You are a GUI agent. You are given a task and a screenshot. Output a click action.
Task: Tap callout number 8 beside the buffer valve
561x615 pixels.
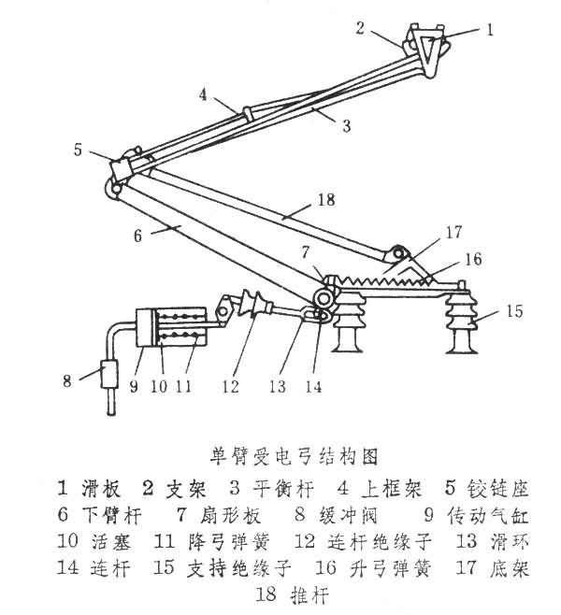click(66, 379)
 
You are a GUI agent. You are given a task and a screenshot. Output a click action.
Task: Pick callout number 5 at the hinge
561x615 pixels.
click(79, 149)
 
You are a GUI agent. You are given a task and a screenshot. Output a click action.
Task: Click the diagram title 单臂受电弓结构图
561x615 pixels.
click(294, 457)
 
